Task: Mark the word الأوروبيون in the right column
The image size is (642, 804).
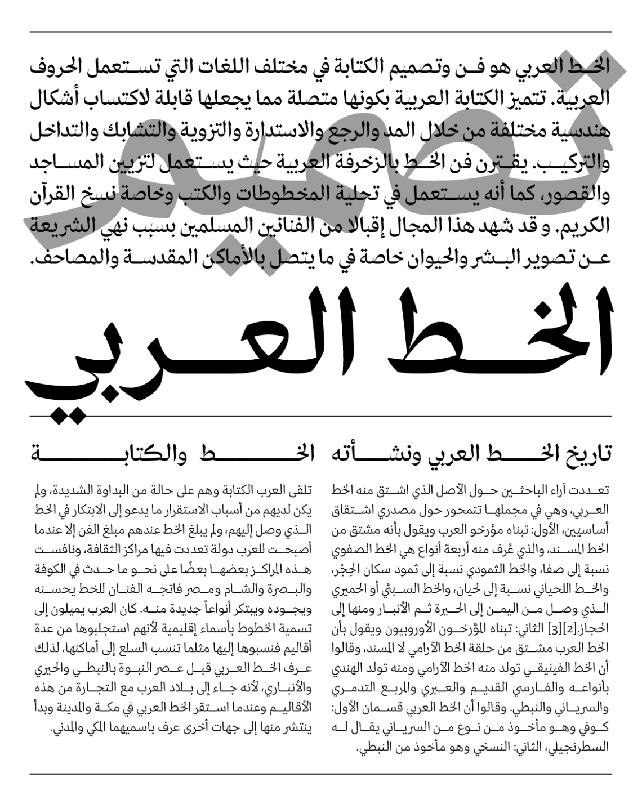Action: [x=439, y=628]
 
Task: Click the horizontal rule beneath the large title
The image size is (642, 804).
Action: [x=321, y=416]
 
